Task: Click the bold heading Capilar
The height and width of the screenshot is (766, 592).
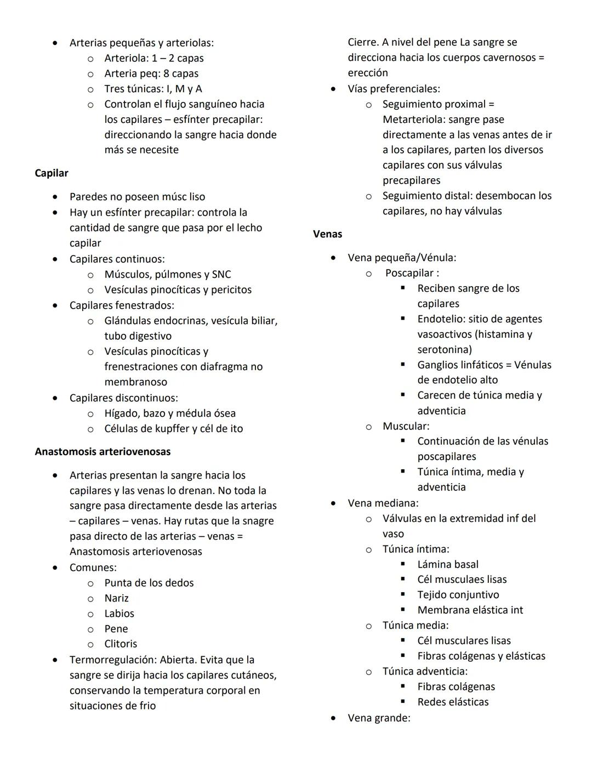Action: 52,173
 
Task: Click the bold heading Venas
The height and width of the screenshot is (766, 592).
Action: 327,234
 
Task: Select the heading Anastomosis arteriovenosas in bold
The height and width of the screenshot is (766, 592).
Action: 103,452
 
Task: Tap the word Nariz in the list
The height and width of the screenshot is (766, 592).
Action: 116,598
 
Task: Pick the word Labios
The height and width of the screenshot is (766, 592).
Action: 119,614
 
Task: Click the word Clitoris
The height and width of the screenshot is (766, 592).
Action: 121,644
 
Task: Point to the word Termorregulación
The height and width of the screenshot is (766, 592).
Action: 112,660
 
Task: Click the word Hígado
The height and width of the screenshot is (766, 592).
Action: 121,413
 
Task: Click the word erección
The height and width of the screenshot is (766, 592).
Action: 367,73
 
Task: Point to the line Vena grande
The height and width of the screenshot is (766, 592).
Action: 378,718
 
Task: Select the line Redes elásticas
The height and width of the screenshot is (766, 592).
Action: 453,702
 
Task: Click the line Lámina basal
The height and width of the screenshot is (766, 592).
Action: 448,564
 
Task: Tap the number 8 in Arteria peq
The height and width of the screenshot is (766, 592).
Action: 166,73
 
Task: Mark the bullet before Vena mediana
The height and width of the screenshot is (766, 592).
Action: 333,503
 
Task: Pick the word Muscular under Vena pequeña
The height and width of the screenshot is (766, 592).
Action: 405,426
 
